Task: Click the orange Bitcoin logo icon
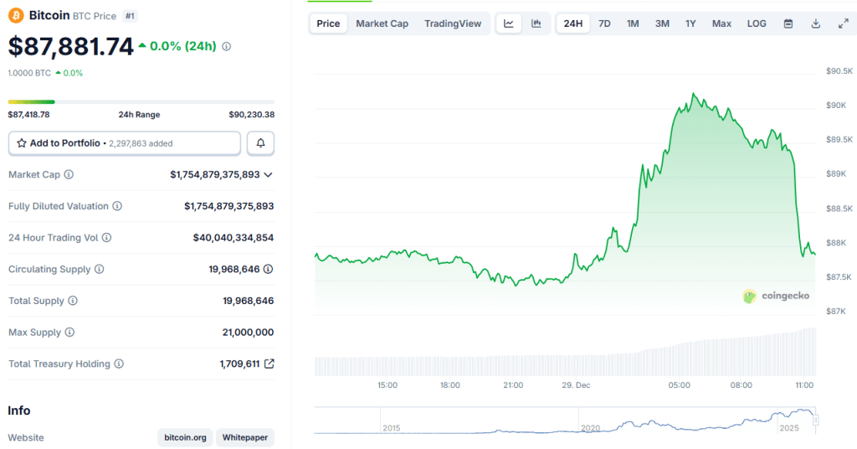point(17,16)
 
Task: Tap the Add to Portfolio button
point(125,143)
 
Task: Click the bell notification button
point(260,143)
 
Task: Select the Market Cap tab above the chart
point(382,23)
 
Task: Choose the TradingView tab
point(453,23)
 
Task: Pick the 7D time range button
point(604,23)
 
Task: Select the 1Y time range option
point(690,23)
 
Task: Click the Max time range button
point(721,23)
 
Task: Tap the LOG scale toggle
point(757,23)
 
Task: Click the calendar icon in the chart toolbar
point(788,23)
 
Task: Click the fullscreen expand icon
point(843,23)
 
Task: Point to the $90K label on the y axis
point(837,105)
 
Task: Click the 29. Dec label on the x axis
point(576,385)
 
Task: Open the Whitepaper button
point(244,437)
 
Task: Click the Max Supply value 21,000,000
point(248,333)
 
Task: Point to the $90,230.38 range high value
point(251,115)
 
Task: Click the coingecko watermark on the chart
point(775,296)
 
